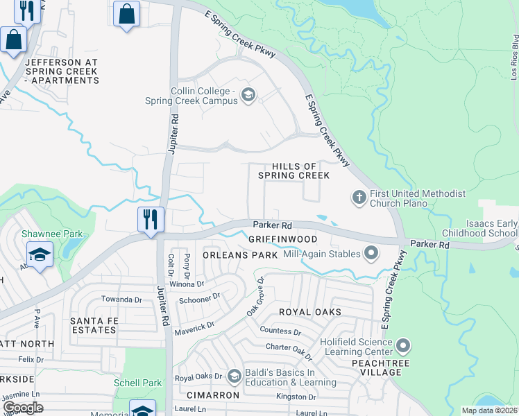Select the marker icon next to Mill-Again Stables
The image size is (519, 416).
(371, 254)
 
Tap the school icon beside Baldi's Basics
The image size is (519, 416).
(235, 376)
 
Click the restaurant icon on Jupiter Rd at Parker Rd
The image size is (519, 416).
(151, 220)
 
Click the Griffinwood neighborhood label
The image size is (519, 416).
(282, 239)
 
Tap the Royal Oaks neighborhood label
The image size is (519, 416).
(310, 312)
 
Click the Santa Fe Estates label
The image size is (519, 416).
(93, 325)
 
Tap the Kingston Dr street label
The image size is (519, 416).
(296, 397)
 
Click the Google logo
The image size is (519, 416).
(24, 408)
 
